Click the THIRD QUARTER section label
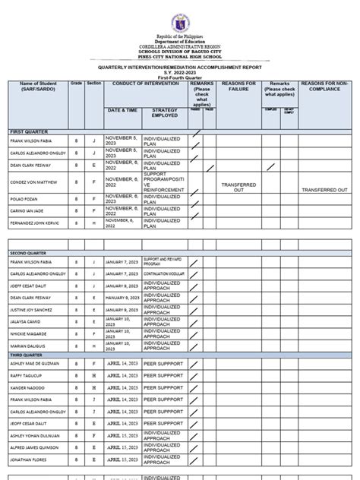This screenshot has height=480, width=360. [27, 354]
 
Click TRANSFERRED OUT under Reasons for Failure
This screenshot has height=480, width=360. [238, 187]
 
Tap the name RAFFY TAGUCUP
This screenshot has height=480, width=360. [27, 375]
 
